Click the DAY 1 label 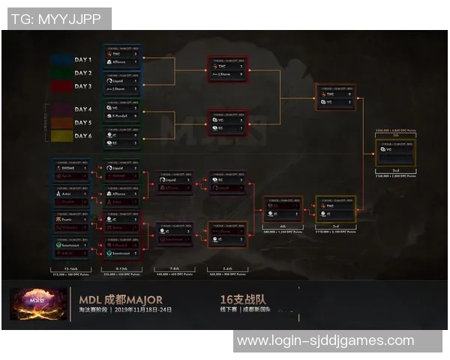82,59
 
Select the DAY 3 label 82,86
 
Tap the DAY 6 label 82,136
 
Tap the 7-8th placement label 174,268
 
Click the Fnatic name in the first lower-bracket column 68,218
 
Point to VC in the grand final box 389,149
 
